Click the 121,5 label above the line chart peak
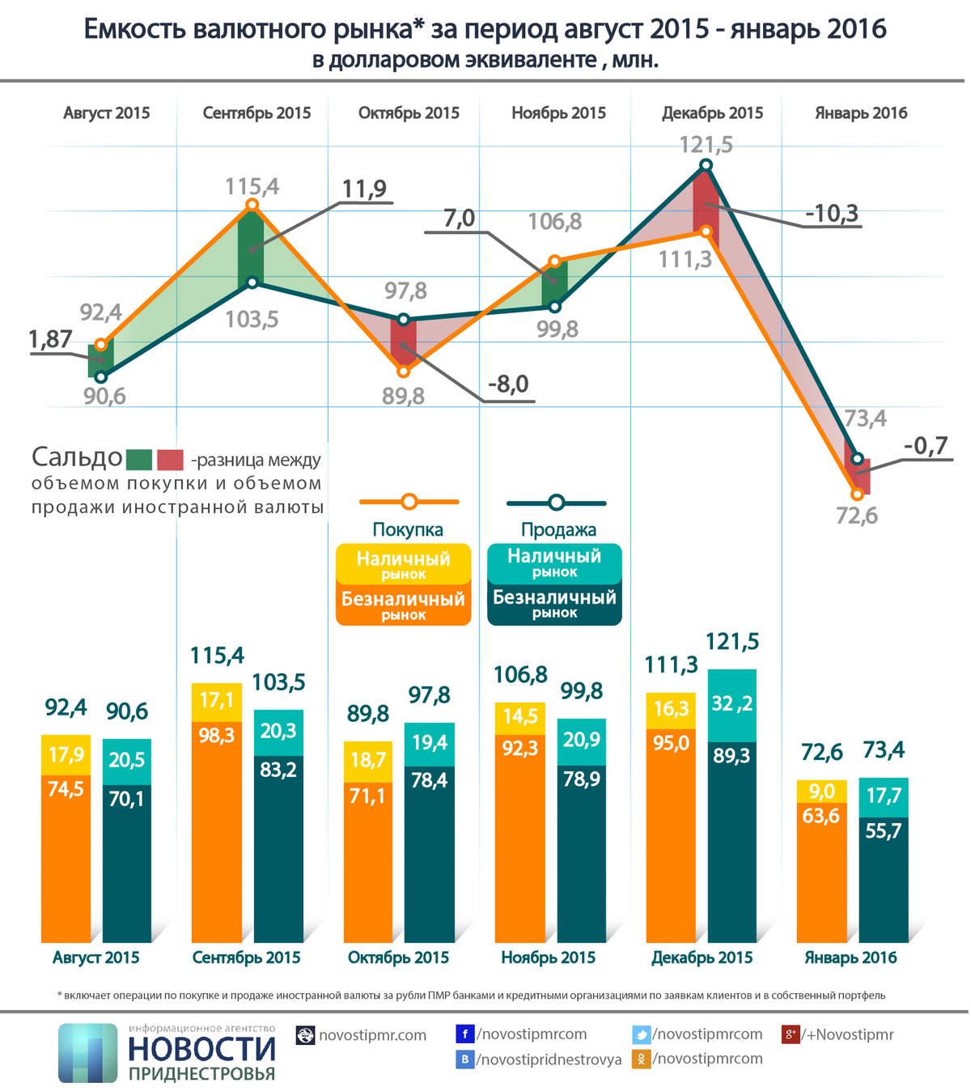tap(706, 145)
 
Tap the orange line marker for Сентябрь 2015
tap(252, 205)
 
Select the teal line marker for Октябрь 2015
tap(404, 320)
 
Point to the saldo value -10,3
tap(831, 214)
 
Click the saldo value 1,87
tap(50, 339)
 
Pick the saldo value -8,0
tap(507, 384)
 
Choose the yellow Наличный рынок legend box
tap(403, 563)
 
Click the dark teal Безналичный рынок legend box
tap(554, 604)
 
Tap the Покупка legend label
tap(408, 530)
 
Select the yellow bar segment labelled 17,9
tap(66, 755)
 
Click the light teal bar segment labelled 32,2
tap(731, 705)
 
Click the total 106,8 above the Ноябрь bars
tap(520, 674)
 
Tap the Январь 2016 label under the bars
tap(850, 957)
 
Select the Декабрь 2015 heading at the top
tap(712, 113)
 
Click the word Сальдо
tap(77, 457)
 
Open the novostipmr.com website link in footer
tap(372, 1035)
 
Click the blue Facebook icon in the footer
tap(464, 1034)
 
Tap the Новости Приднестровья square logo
tap(88, 1053)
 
